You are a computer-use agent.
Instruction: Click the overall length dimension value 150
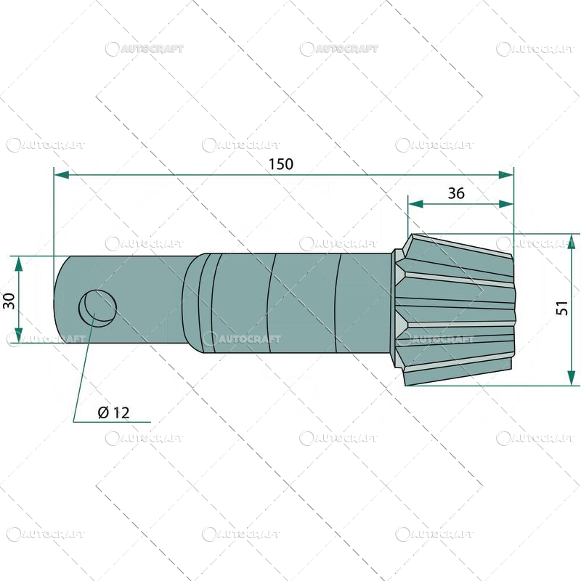click(280, 164)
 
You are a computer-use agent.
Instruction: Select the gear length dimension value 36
click(456, 193)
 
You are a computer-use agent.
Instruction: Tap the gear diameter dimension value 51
click(562, 308)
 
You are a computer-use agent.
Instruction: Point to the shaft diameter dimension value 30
click(9, 300)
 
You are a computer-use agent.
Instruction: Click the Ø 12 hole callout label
click(113, 413)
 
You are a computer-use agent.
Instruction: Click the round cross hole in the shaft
click(97, 307)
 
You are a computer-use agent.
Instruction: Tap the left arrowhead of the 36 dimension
click(415, 205)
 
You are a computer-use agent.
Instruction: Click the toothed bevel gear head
click(458, 309)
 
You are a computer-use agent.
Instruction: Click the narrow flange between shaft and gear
click(396, 309)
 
